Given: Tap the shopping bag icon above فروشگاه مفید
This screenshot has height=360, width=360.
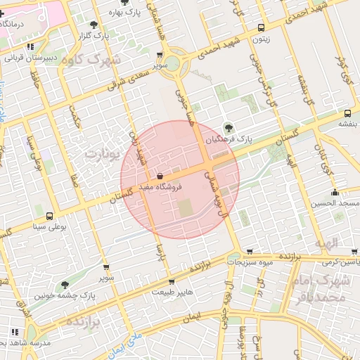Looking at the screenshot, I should (161, 176).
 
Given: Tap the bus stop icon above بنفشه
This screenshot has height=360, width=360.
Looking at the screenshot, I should (347, 113).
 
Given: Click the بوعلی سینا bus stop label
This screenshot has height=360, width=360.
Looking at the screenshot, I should (49, 227).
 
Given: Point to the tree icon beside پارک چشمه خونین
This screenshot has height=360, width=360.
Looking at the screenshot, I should (65, 285).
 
